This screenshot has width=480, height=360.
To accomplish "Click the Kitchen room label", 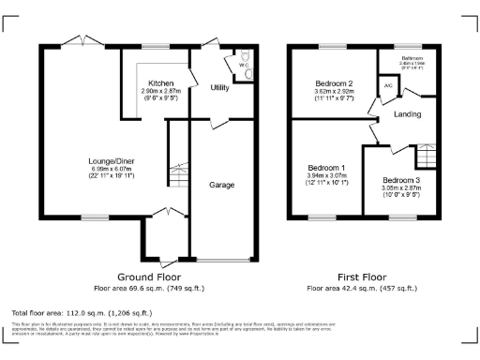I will point(152,82).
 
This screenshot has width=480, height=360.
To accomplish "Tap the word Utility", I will point(220,87).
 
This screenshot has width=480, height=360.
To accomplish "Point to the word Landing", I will point(407,114).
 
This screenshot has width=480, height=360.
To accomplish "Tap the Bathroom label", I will point(409,57).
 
